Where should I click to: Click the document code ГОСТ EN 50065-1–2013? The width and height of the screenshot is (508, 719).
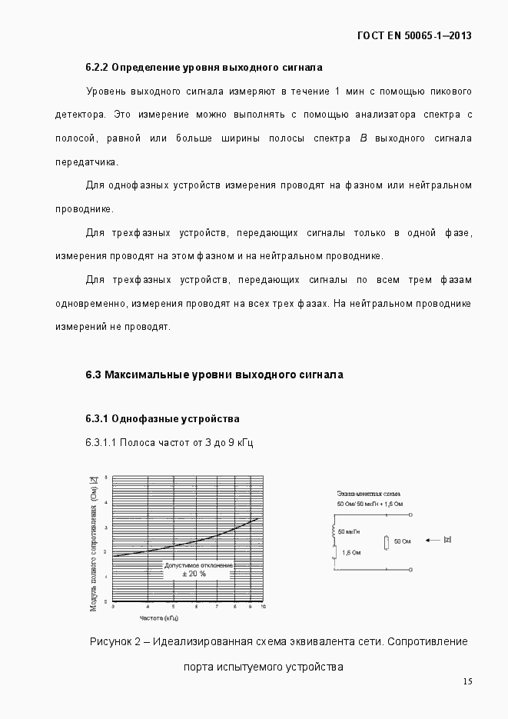415,35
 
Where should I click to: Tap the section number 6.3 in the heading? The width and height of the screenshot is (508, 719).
93,374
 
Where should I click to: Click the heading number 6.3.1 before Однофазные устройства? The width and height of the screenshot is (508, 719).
97,419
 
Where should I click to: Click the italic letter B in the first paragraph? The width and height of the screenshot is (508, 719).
363,138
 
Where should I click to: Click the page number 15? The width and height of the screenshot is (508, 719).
467,681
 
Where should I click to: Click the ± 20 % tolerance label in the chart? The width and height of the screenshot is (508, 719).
194,574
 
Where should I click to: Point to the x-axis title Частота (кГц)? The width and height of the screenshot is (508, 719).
159,617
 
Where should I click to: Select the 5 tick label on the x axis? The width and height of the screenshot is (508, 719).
174,607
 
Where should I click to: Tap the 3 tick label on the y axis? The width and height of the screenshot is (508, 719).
105,526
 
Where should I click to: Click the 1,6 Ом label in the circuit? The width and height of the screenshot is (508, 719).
350,552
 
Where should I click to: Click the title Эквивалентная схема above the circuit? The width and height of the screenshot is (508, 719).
369,493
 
